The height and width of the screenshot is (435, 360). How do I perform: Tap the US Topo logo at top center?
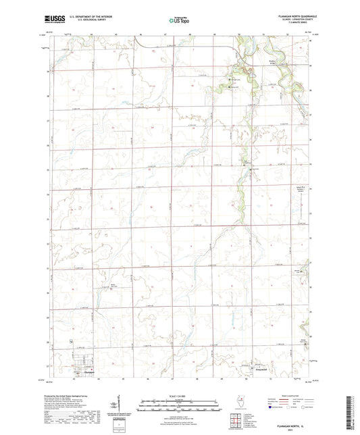178,21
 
